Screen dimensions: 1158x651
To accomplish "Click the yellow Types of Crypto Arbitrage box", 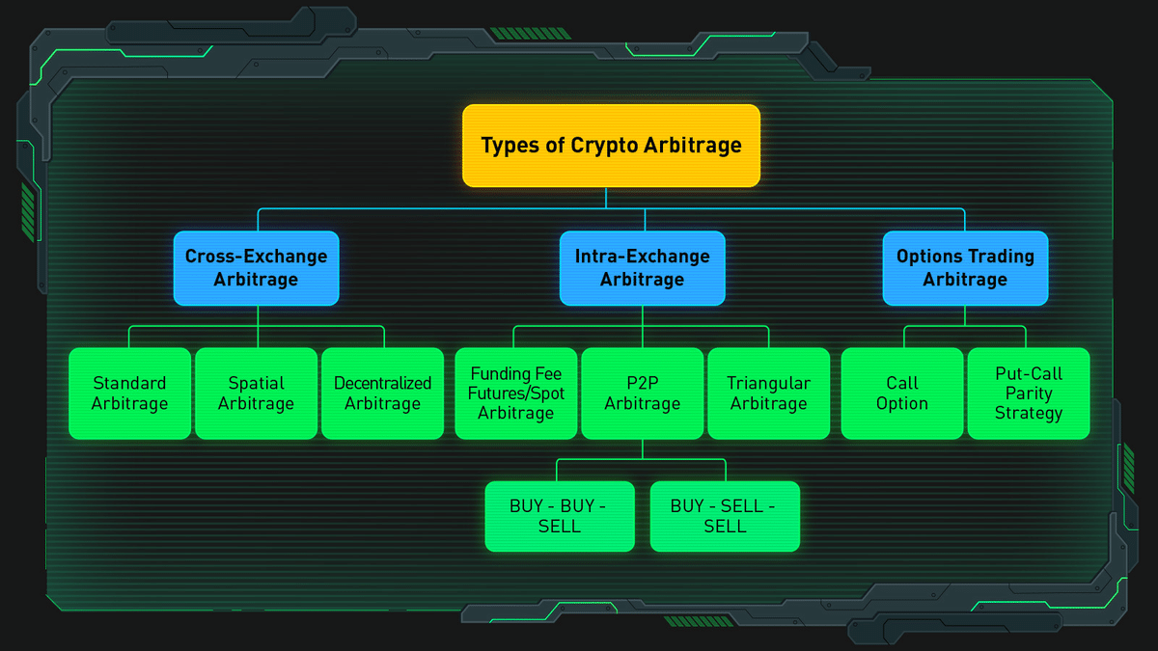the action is click(611, 146).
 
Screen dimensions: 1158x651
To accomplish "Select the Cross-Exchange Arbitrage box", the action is click(257, 268).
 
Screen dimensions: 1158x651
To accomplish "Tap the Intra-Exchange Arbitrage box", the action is click(642, 268).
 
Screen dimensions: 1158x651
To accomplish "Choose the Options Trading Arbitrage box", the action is click(965, 268).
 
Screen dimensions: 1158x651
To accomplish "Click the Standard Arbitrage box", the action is click(129, 393).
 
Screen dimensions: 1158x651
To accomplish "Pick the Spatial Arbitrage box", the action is click(257, 393).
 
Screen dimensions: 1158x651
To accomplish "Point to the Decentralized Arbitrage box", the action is click(382, 393).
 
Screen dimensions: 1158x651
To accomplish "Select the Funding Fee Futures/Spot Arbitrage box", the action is click(516, 393).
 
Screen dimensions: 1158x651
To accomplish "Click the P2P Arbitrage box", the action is click(643, 393).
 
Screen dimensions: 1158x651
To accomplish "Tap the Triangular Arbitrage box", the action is click(769, 393).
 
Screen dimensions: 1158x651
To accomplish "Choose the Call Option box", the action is click(902, 393).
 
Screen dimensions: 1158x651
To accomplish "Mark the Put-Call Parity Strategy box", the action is click(1029, 393).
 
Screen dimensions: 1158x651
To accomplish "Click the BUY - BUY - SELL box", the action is click(560, 516).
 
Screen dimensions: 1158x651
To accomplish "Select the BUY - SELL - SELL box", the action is click(725, 516).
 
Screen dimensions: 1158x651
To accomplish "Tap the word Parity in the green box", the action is click(1029, 393).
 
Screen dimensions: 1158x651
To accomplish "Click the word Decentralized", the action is click(382, 383).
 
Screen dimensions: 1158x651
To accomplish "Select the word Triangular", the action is click(769, 384).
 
